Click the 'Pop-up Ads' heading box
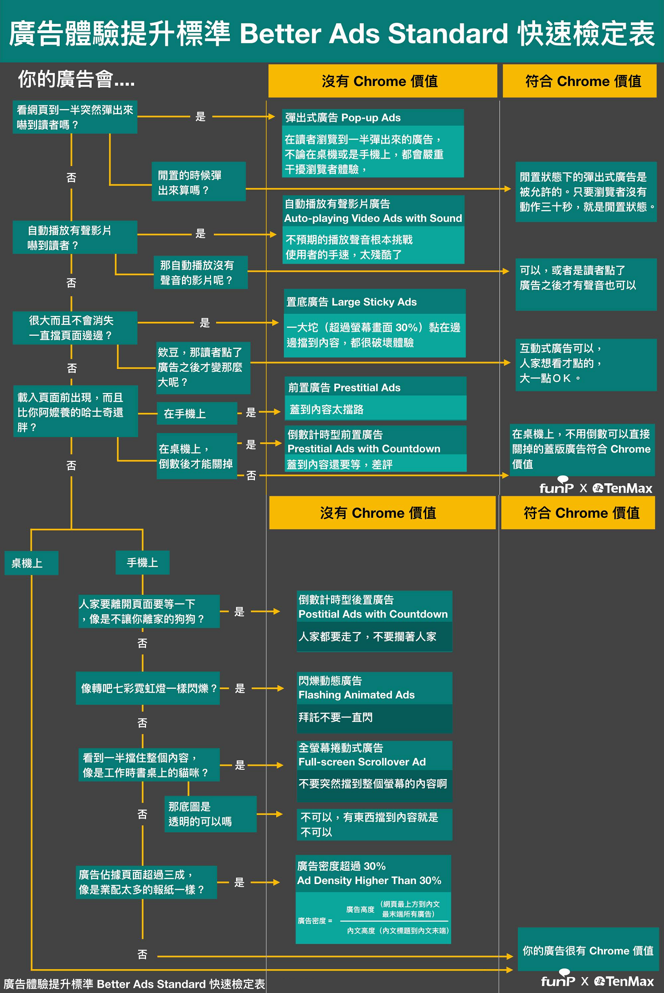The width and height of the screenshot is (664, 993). (373, 118)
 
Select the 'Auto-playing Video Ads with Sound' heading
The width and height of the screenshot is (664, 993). (373, 211)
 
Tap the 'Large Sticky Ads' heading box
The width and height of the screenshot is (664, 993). (374, 302)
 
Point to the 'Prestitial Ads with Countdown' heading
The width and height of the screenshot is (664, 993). (375, 442)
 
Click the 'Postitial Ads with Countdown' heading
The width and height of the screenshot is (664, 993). (374, 607)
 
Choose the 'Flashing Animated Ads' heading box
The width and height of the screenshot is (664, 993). (374, 688)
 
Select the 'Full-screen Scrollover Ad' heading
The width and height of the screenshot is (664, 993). (374, 755)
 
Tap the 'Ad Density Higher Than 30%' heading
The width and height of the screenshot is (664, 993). (373, 873)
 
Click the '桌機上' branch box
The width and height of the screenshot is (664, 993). (31, 563)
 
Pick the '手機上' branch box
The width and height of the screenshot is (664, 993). (142, 562)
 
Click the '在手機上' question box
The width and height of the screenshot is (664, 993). (197, 414)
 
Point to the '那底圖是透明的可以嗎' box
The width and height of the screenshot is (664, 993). (210, 814)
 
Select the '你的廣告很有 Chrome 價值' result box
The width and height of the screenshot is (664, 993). (588, 950)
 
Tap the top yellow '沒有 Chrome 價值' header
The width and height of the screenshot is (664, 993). (382, 81)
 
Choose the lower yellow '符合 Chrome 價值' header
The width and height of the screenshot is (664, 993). (578, 513)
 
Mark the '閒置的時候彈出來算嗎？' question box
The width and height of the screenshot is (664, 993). (198, 182)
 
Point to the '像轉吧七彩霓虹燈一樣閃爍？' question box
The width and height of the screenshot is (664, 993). (148, 688)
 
